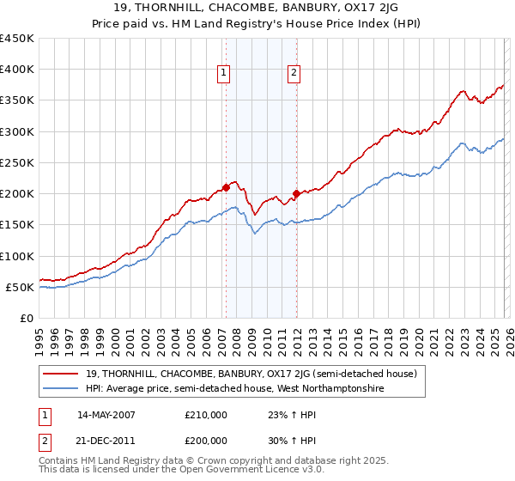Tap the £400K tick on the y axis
pos(17,70)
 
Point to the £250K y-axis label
pos(17,162)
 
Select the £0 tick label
pos(26,318)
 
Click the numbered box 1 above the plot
pos(223,74)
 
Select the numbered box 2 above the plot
pos(294,74)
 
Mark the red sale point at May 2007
pos(226,187)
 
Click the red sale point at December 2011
pos(296,193)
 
